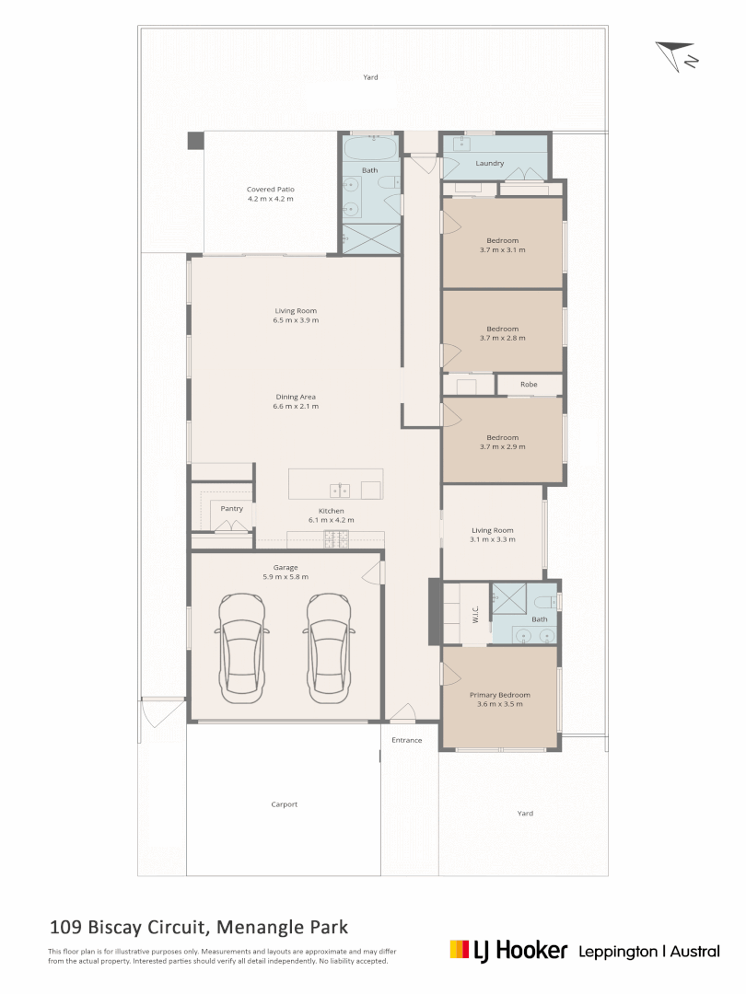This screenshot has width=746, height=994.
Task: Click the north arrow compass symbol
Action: tap(675, 55)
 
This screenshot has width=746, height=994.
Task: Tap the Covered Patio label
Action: tap(270, 189)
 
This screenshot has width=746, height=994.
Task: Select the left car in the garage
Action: tap(241, 648)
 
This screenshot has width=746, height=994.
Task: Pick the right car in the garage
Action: tap(329, 648)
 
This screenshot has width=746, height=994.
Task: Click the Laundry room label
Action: tap(490, 163)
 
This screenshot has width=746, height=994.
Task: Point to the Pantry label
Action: tap(231, 508)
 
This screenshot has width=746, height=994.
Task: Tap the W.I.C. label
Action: tap(476, 614)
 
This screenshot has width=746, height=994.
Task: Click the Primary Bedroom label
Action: tap(500, 695)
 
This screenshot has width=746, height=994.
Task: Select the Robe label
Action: tap(529, 384)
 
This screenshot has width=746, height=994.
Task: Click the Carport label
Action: tap(285, 804)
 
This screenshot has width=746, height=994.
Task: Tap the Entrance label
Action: tap(407, 740)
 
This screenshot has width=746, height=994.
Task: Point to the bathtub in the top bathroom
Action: tap(370, 147)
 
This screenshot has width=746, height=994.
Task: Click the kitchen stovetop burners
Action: tap(336, 539)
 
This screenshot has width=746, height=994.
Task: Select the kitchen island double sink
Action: tap(339, 491)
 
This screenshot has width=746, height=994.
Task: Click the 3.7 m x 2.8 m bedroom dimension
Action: tap(503, 338)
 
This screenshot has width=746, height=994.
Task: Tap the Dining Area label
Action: tap(296, 397)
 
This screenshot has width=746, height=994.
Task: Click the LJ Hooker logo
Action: tap(508, 951)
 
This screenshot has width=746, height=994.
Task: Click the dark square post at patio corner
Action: tap(196, 141)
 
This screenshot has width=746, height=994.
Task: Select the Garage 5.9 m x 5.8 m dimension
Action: tap(286, 577)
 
